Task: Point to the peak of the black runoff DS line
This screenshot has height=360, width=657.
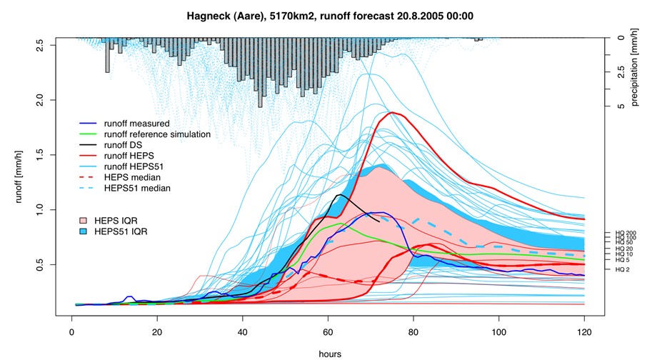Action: pyautogui.click(x=341, y=194)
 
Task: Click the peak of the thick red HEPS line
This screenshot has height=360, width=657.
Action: pyautogui.click(x=391, y=112)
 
